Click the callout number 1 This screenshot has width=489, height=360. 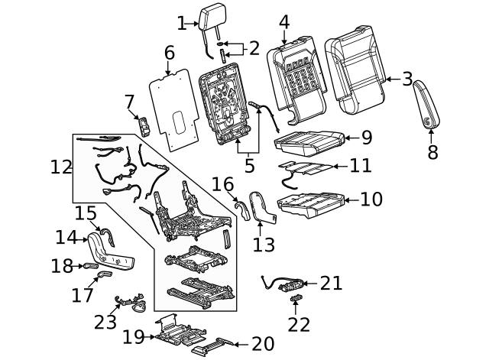[181, 24]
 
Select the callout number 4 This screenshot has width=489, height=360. [284, 21]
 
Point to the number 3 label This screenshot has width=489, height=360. [407, 78]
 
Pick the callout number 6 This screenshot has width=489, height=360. [169, 53]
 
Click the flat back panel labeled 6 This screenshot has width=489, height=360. [176, 107]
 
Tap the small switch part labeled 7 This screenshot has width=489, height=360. [143, 126]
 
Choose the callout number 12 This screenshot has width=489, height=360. [61, 167]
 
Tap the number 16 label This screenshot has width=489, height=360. [222, 184]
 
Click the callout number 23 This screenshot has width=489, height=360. [105, 322]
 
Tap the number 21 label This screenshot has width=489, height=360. [331, 284]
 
